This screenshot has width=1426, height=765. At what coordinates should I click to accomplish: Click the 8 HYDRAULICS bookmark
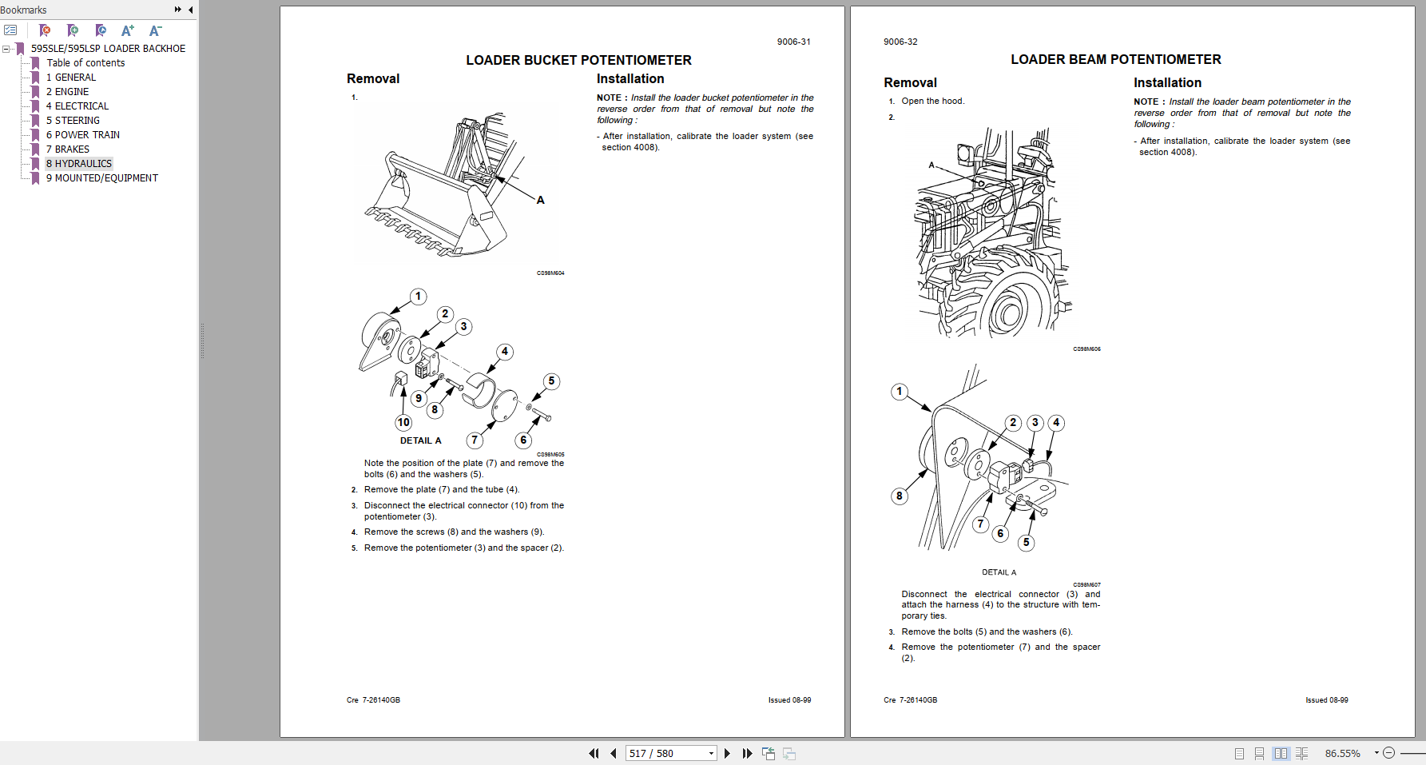point(78,164)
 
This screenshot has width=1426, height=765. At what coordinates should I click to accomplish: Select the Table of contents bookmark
point(85,63)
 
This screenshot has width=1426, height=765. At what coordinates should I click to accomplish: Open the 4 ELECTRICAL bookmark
point(77,106)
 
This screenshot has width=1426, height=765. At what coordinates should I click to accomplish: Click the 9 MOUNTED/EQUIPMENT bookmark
point(101,178)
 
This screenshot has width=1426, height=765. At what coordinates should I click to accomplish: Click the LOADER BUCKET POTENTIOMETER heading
point(578,60)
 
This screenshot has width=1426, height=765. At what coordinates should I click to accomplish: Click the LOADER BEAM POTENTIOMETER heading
point(1115,59)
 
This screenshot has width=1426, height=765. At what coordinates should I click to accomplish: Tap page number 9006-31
point(793,42)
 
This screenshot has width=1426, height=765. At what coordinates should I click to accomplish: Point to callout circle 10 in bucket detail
point(403,422)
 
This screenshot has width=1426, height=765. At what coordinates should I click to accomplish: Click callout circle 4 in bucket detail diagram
point(504,352)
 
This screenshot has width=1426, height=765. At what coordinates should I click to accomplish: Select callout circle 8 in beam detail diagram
point(899,496)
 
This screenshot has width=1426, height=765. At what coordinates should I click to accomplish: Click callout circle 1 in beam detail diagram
point(900,391)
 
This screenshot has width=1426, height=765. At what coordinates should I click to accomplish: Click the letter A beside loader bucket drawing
point(541,201)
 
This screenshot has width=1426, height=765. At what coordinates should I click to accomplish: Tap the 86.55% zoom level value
point(1342,753)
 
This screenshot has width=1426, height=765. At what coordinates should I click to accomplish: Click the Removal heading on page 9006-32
point(910,82)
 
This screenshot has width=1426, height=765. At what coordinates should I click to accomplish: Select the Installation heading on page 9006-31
point(630,78)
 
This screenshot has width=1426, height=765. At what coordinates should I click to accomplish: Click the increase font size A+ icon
point(127,30)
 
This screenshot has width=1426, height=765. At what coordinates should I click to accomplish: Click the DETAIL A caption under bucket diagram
point(420,440)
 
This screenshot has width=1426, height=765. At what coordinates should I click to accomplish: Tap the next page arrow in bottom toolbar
point(727,753)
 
